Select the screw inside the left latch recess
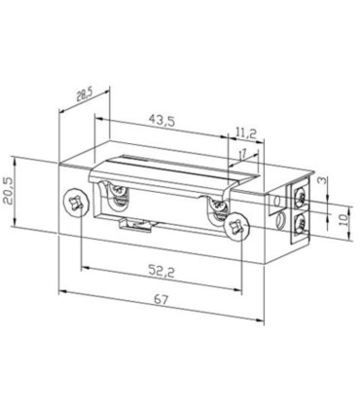click(x=119, y=195)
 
